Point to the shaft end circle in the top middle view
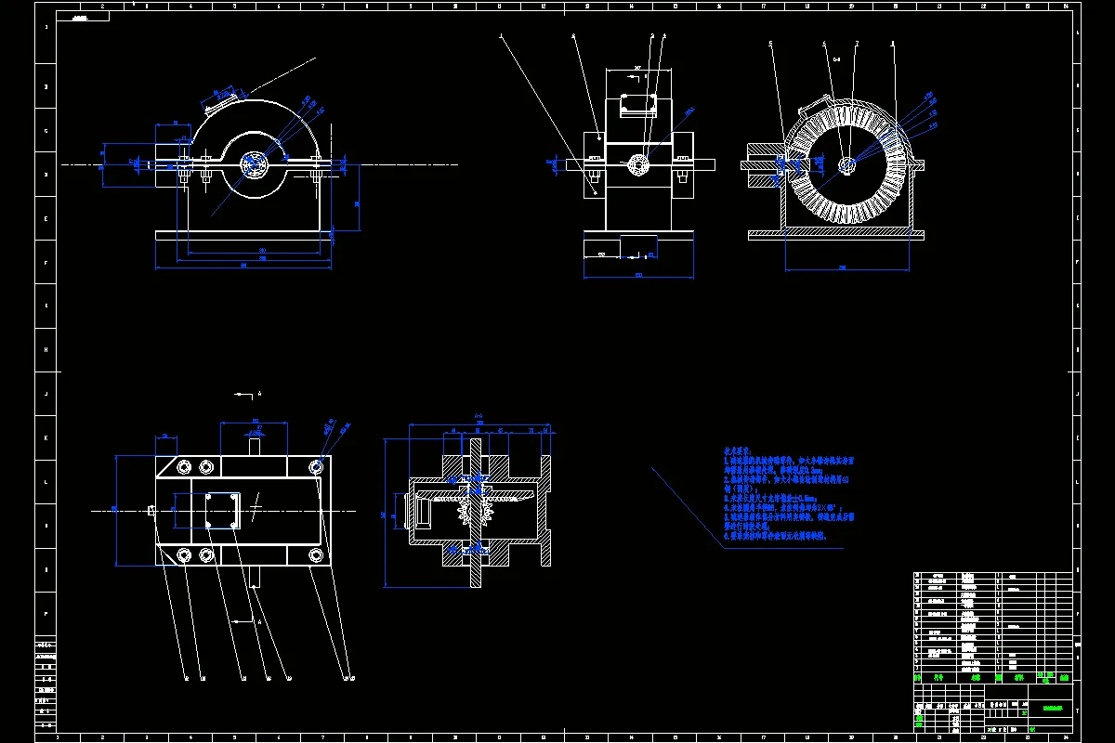pos(638,164)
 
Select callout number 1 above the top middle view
pos(502,37)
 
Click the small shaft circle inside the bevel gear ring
pos(847,164)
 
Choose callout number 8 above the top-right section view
pos(893,43)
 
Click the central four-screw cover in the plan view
pos(224,510)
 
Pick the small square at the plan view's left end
pos(151,509)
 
